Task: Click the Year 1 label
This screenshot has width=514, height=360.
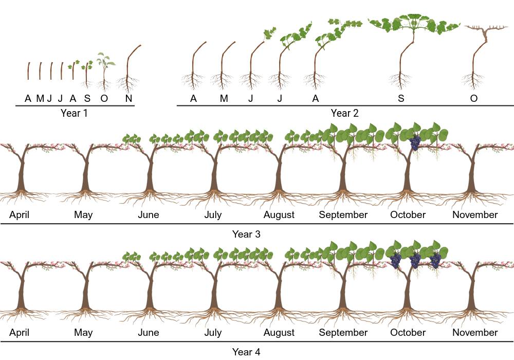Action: [x=74, y=113]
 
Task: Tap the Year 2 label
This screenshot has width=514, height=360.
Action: [x=344, y=113]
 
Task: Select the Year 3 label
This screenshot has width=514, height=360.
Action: [x=246, y=234]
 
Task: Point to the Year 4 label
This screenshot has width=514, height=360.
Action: [x=246, y=352]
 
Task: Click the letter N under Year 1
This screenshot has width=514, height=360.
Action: [x=128, y=98]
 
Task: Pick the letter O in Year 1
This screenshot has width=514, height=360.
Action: [x=104, y=98]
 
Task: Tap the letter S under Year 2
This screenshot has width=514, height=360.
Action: [x=400, y=98]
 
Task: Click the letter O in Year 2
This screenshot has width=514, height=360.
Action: [x=473, y=98]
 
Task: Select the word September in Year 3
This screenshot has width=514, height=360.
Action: [x=343, y=214]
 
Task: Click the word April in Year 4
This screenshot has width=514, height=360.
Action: [x=19, y=332]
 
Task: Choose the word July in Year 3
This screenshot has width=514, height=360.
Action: [x=213, y=214]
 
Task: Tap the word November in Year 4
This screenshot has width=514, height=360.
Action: [x=475, y=332]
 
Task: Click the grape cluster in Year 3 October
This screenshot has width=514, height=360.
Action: [x=415, y=142]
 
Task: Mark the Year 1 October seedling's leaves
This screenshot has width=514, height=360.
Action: [x=105, y=59]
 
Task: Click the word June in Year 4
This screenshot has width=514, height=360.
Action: [x=149, y=332]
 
